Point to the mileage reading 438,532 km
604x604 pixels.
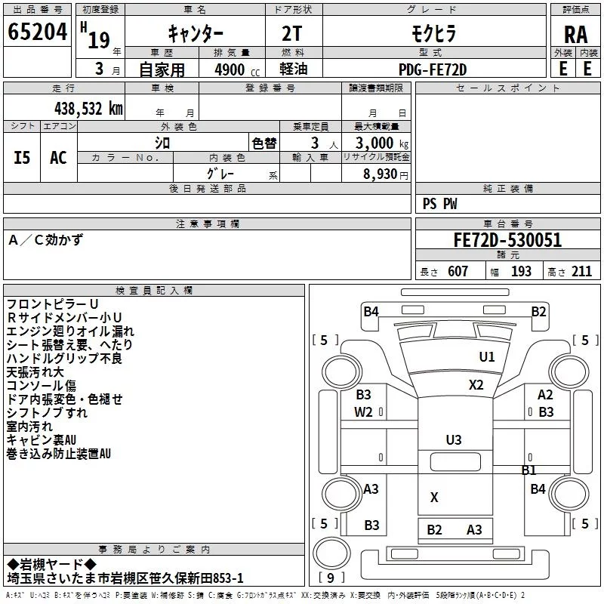coord(88,108)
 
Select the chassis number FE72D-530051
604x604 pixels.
coord(507,241)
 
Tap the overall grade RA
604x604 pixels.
coord(576,35)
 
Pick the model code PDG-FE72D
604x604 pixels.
coord(433,69)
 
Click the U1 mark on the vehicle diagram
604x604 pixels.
coord(487,357)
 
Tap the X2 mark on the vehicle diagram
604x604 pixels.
coord(476,384)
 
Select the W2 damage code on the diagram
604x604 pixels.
coord(364,411)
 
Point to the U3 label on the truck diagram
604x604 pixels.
coord(453,439)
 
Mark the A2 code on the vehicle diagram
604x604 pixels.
coord(545,395)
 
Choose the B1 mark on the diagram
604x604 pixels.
coord(528,470)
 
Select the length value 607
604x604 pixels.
coord(458,272)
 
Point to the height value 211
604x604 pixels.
coord(581,272)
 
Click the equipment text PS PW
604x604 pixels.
coord(439,204)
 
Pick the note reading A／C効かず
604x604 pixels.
coord(46,240)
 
